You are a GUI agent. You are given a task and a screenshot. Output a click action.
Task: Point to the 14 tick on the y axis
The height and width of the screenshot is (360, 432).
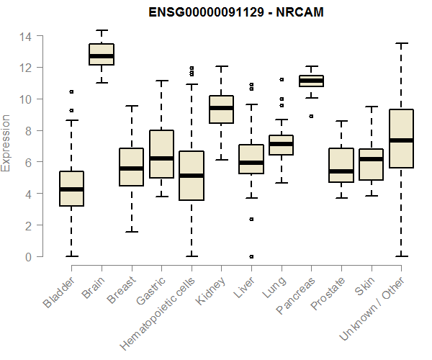pos(27,36)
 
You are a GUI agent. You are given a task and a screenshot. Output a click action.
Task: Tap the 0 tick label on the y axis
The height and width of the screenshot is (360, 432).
pos(28,257)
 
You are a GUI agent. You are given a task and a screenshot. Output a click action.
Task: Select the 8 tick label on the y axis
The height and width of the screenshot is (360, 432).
pos(28,131)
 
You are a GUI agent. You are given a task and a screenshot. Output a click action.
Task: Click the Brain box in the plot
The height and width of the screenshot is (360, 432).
pos(102,55)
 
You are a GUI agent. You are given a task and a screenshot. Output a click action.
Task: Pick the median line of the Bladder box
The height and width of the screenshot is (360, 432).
pos(71,189)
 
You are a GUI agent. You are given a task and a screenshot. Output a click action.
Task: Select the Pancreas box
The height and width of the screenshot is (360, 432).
pos(311,81)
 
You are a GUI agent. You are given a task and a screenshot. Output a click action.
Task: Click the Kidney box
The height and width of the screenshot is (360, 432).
pos(221,109)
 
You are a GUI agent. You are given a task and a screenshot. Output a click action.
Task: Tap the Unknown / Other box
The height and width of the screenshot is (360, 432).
pos(400,138)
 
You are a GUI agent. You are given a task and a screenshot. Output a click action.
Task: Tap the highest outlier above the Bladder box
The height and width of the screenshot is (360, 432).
pos(71,92)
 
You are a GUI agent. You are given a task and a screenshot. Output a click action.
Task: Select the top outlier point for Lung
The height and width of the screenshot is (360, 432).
pos(282,79)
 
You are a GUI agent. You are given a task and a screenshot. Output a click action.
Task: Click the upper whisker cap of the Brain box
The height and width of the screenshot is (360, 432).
pos(102,31)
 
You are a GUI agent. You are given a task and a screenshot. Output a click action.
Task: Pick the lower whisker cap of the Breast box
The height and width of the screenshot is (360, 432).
pos(131,232)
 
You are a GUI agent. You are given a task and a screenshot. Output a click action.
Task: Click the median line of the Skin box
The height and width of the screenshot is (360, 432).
pos(371,159)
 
